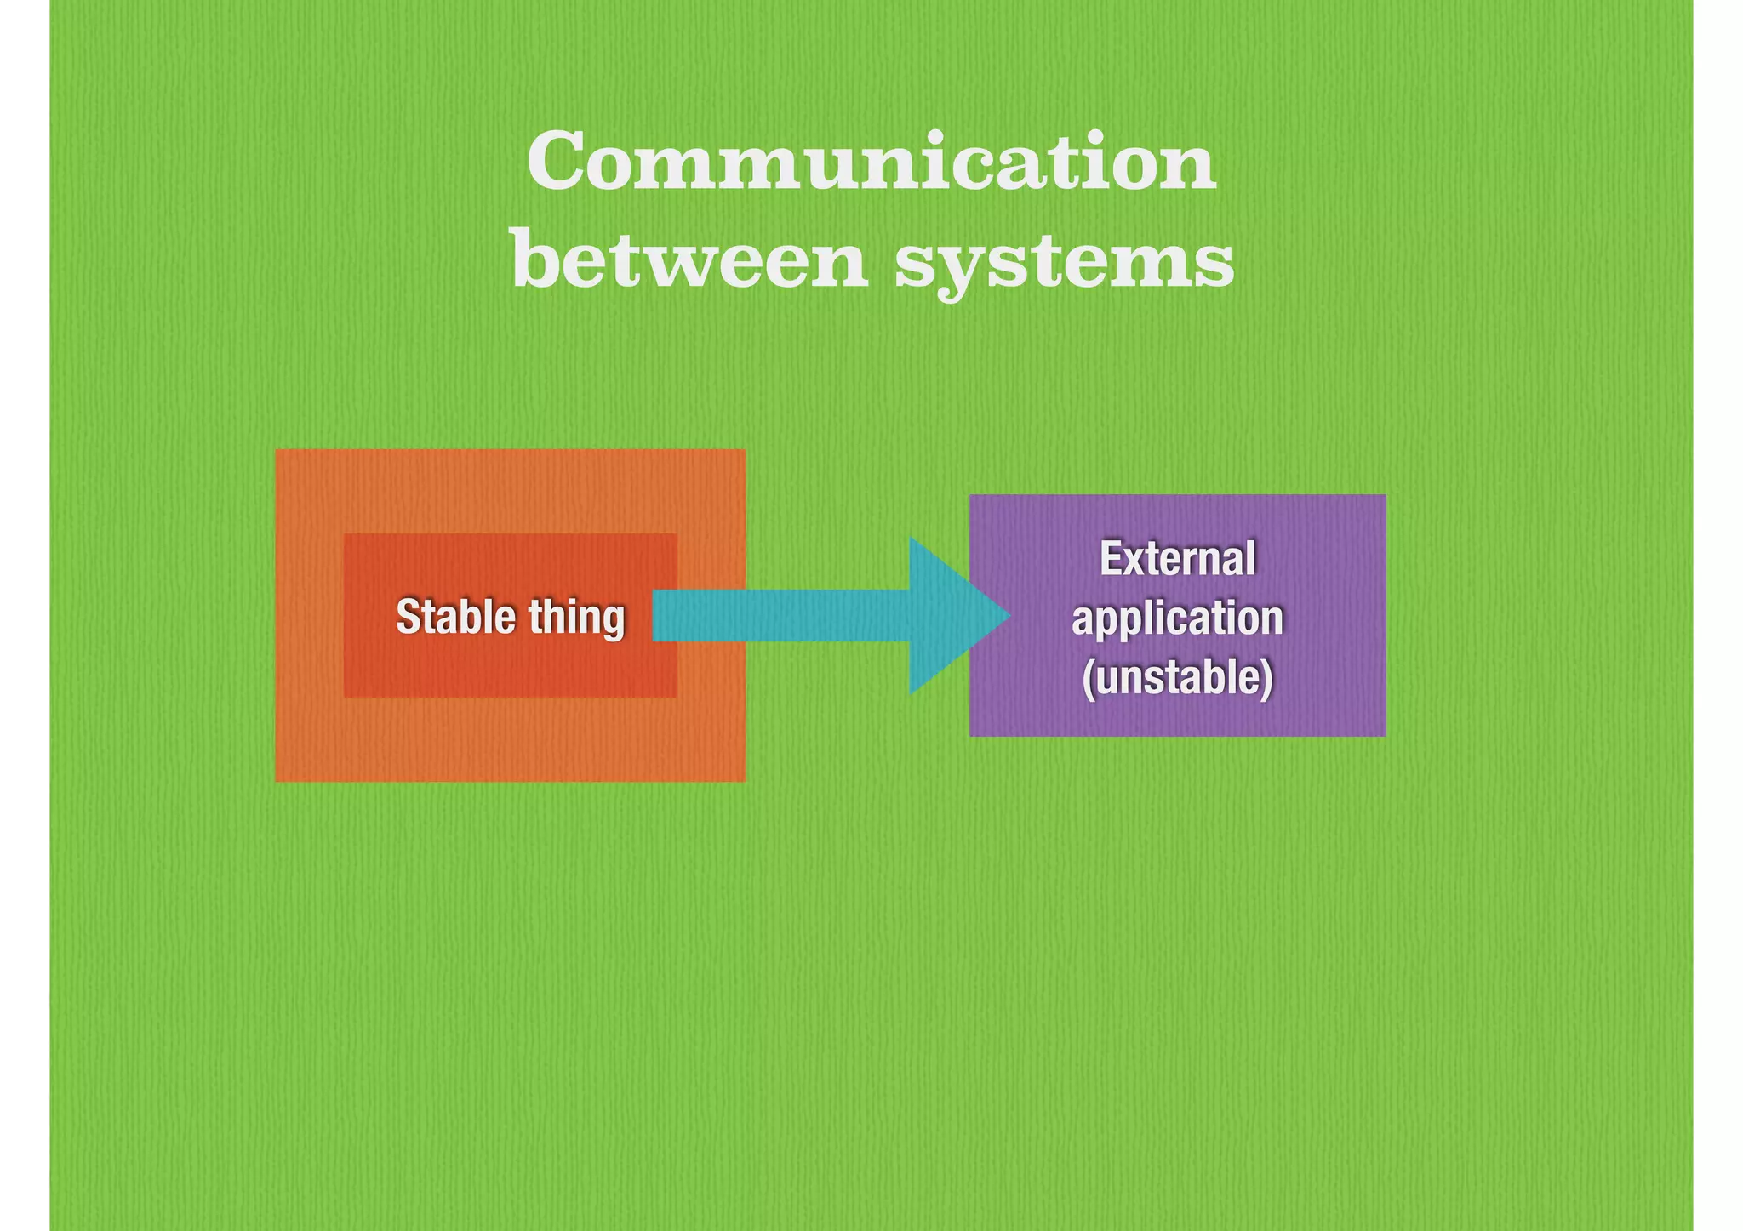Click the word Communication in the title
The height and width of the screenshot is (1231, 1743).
pos(871,162)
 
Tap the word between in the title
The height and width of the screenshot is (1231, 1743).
pos(689,259)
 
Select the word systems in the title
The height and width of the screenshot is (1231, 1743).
pos(1064,264)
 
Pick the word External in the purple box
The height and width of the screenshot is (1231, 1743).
pos(1177,559)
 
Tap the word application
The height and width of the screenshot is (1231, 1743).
pos(1177,618)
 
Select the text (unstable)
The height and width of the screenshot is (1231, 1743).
pos(1177,678)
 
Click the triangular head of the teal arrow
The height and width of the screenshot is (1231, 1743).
pos(949,615)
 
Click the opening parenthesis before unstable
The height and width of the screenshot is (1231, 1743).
pos(1087,679)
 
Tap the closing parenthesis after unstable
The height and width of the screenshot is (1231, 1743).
pos(1268,679)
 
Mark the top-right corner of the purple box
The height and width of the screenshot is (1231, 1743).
pos(1385,495)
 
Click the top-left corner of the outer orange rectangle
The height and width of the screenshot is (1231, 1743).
pos(277,450)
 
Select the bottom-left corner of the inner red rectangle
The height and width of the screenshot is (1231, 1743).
pos(345,696)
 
